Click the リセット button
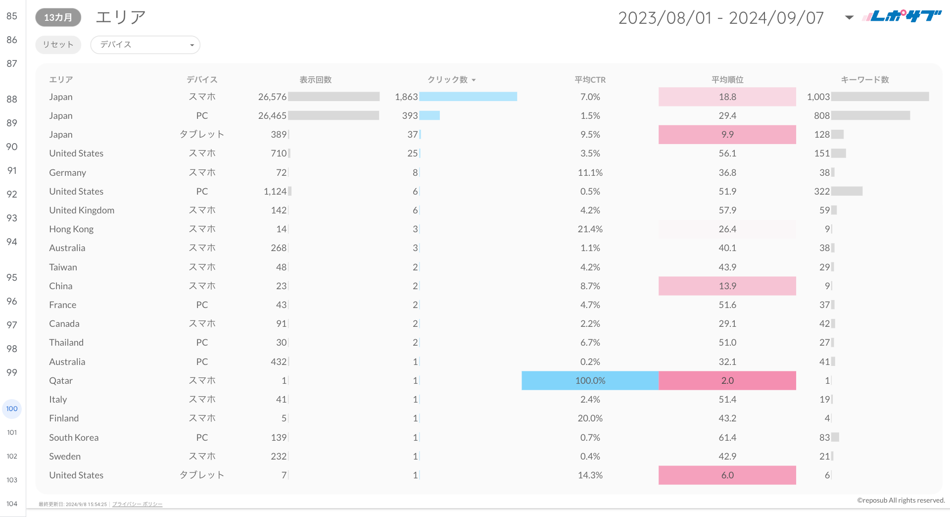[x=58, y=45]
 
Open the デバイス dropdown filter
[x=145, y=45]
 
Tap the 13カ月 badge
[x=58, y=17]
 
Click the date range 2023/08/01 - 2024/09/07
[x=721, y=18]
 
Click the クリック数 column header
[x=448, y=80]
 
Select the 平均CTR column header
[x=590, y=80]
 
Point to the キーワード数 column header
[x=865, y=80]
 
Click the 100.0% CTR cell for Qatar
[x=590, y=381]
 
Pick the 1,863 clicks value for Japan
[x=406, y=97]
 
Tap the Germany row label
[x=68, y=173]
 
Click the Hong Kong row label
[x=71, y=229]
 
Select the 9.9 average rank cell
[x=727, y=135]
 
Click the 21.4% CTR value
[x=590, y=229]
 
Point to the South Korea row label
[x=74, y=438]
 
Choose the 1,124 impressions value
[x=275, y=192]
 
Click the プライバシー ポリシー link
[x=137, y=504]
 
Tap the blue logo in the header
[x=902, y=16]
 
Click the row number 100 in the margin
[x=12, y=409]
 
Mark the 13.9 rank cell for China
[x=727, y=286]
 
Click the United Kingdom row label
[x=82, y=210]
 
